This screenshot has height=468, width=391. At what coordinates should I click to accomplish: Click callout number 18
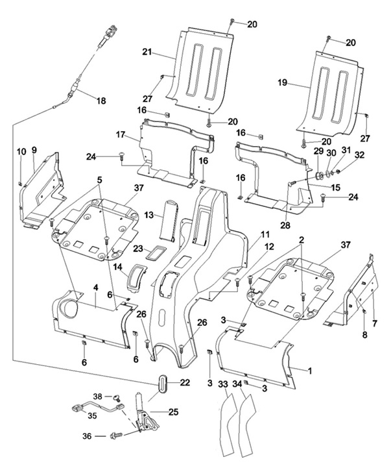(x=101, y=101)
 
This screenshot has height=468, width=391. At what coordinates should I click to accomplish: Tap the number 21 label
(x=147, y=52)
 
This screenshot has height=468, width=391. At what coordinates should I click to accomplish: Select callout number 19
(x=283, y=82)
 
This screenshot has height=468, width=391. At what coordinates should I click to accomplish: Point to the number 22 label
(x=185, y=382)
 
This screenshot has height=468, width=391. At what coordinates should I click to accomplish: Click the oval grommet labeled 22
(x=163, y=382)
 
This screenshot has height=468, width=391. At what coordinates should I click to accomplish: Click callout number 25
(x=174, y=412)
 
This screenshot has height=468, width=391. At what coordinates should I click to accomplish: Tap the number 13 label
(x=149, y=215)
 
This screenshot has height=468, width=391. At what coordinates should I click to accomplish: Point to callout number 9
(x=34, y=150)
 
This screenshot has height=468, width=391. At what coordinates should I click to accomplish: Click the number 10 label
(x=21, y=152)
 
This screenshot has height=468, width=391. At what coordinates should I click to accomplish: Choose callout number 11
(x=265, y=234)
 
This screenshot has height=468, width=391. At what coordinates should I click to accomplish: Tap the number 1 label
(x=310, y=371)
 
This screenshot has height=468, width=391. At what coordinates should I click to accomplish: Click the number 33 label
(x=223, y=384)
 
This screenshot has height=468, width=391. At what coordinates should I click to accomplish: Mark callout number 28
(x=285, y=225)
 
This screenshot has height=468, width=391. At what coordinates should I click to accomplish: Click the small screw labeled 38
(x=115, y=397)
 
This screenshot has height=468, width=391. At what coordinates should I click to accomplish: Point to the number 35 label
(x=93, y=415)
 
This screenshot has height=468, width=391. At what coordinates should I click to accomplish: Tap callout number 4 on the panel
(x=95, y=288)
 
